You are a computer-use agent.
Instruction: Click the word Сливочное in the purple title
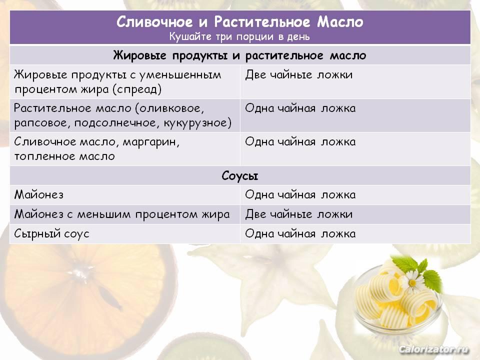coord(154,21)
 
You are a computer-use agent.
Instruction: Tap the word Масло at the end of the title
coord(340,21)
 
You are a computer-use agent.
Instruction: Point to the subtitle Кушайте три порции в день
coord(239,36)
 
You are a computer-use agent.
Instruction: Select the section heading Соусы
coord(240,175)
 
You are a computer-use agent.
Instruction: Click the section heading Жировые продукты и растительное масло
coord(239,55)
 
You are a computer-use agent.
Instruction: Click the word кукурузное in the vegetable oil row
coord(197,123)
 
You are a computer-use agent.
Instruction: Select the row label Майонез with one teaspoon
coord(39,194)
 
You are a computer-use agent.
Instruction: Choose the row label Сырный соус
coord(51,234)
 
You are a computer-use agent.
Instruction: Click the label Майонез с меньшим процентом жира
coord(122,214)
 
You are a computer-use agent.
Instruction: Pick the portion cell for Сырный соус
coord(300,234)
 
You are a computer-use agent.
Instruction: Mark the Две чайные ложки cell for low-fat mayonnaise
coord(299,214)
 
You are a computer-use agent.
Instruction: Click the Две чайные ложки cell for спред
coord(299,74)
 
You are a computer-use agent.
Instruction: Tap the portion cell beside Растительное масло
coord(300,108)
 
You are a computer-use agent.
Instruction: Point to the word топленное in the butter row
coord(45,156)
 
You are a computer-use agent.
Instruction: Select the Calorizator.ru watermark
coord(433,349)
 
